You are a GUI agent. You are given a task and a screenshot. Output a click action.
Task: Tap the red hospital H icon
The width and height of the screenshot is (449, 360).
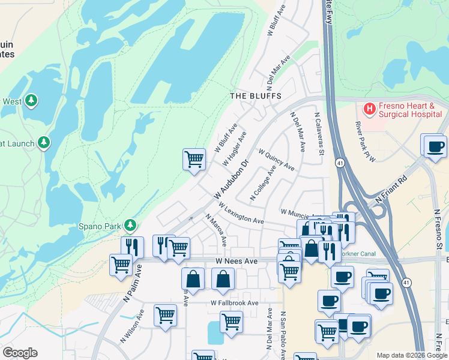tap(370, 109)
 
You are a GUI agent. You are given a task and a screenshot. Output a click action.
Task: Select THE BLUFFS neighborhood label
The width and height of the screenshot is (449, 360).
tap(256, 96)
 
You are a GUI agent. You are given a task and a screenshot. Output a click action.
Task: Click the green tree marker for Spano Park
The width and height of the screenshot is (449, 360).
tap(130, 226)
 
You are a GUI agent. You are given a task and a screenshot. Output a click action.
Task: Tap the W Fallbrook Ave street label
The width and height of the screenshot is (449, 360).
tap(234, 303)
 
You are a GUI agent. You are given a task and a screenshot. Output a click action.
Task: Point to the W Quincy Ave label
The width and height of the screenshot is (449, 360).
tap(276, 160)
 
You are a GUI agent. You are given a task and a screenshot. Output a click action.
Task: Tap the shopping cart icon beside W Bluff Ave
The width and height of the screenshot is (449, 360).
tap(194, 160)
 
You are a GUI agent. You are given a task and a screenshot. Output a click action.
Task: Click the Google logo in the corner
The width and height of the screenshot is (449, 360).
tap(20, 353)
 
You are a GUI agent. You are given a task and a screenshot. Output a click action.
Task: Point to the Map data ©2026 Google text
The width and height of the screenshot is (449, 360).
tap(412, 355)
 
